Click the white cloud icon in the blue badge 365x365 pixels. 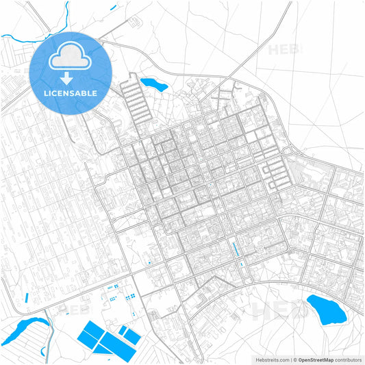pos(70,58)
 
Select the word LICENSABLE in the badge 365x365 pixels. pos(70,92)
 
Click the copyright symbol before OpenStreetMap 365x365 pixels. pos(293,359)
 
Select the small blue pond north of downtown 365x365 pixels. pos(153,85)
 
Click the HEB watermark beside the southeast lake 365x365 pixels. pos(274,312)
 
